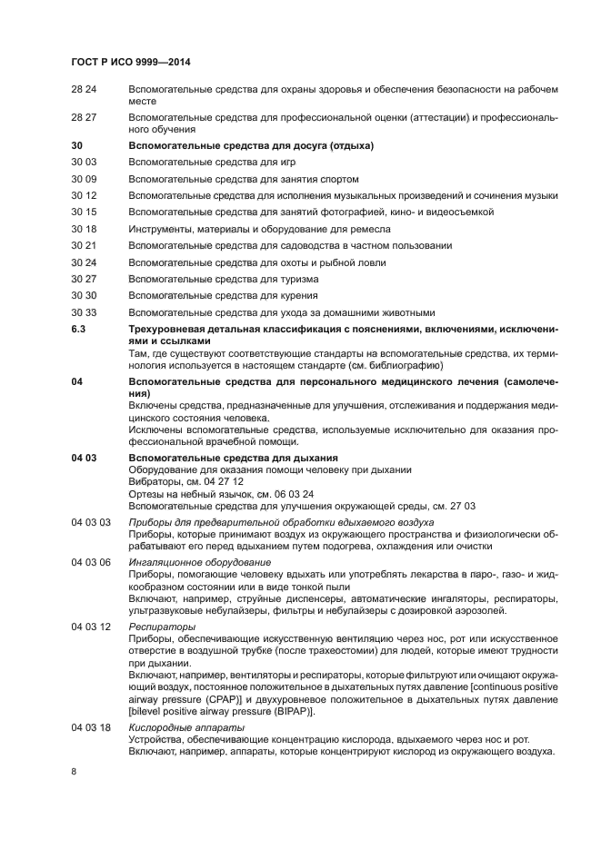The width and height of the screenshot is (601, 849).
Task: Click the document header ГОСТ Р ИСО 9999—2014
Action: coord(135,62)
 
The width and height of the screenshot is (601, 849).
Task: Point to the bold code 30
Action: coord(76,146)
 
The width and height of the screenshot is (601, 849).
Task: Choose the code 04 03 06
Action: coord(91,562)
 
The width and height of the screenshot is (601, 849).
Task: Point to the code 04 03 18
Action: coord(91,727)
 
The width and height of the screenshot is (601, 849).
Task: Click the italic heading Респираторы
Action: coord(162,627)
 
